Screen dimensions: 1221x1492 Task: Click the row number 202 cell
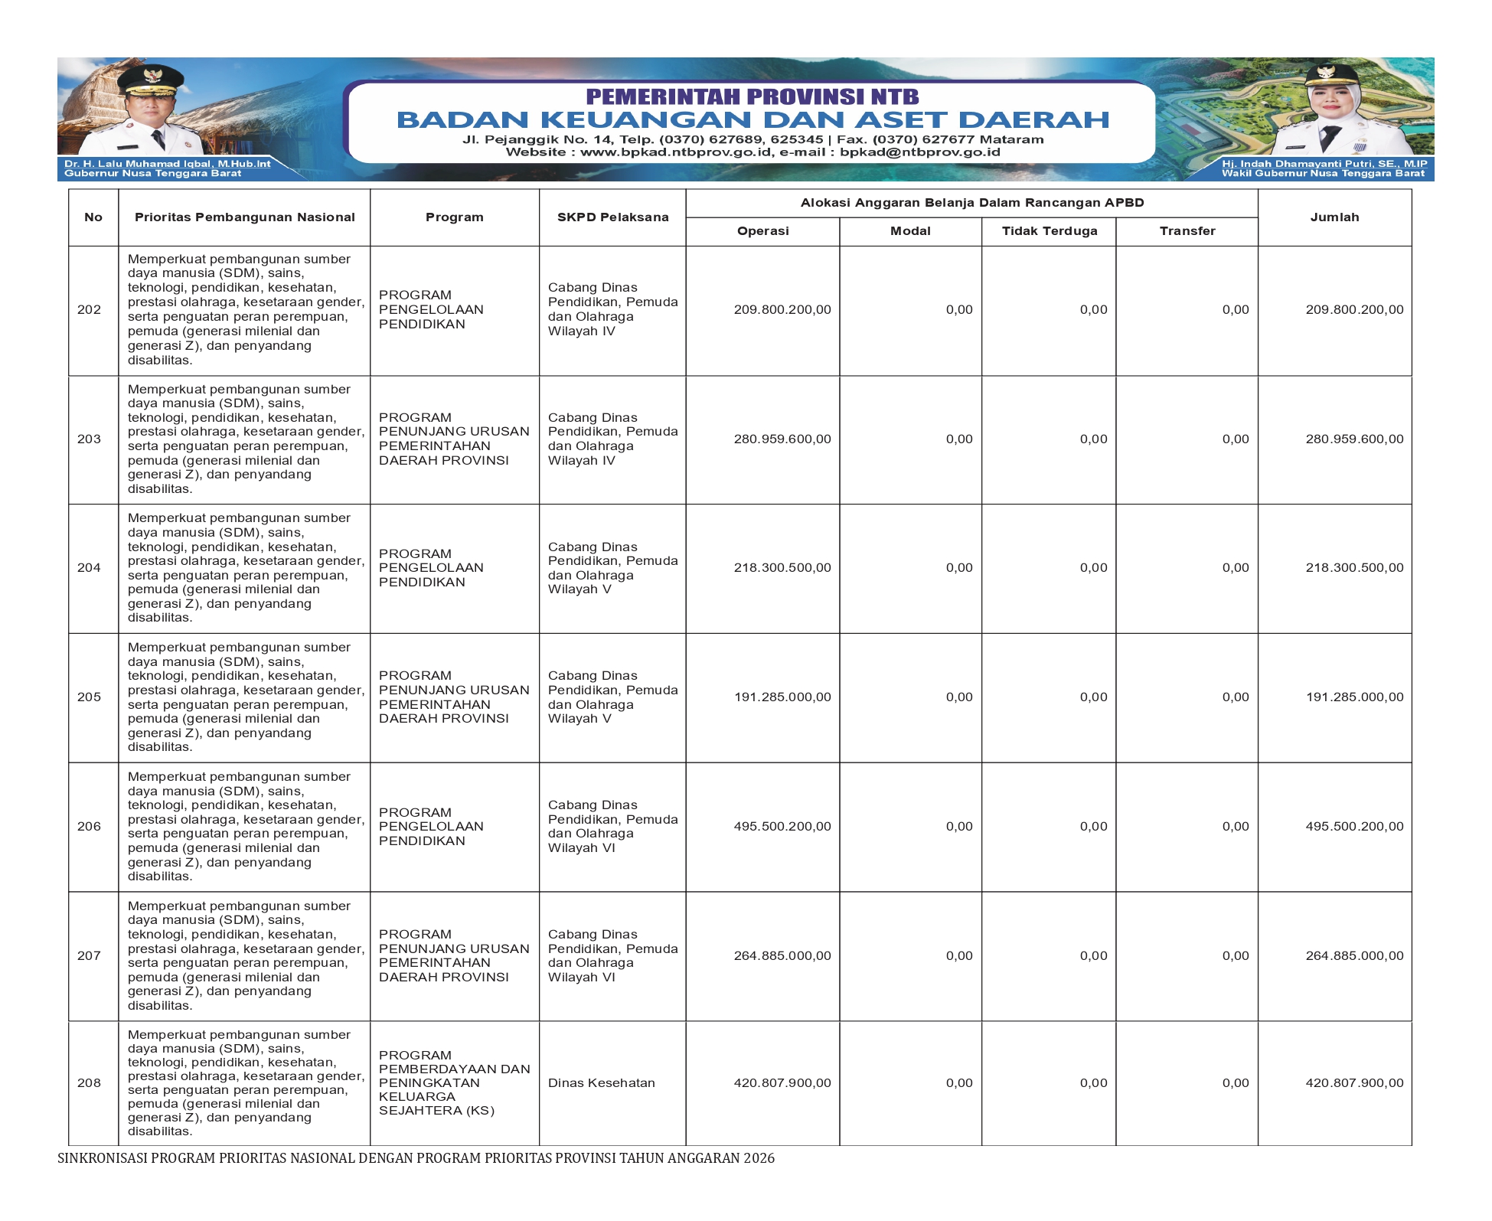pyautogui.click(x=90, y=310)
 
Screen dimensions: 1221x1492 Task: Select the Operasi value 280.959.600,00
pyautogui.click(x=782, y=439)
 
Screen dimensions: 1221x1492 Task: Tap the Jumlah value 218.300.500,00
pyautogui.click(x=1354, y=568)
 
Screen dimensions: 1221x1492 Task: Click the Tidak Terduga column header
pyautogui.click(x=1049, y=231)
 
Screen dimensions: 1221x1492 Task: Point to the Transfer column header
pyautogui.click(x=1187, y=231)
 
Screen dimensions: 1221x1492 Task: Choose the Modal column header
pyautogui.click(x=910, y=231)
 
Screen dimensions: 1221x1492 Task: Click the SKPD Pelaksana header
pyautogui.click(x=612, y=217)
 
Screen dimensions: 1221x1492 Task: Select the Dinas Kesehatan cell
pyautogui.click(x=602, y=1083)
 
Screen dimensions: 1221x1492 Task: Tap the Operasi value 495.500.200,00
pyautogui.click(x=782, y=827)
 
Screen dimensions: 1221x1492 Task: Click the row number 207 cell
pyautogui.click(x=90, y=956)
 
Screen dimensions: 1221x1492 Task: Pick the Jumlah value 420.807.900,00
pyautogui.click(x=1354, y=1083)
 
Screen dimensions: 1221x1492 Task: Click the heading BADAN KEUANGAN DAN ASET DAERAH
pyautogui.click(x=753, y=120)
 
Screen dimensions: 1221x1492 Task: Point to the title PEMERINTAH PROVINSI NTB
pyautogui.click(x=753, y=97)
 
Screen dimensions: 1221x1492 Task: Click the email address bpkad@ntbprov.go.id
pyautogui.click(x=919, y=152)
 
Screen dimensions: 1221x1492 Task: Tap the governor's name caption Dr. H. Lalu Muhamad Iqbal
pyautogui.click(x=167, y=164)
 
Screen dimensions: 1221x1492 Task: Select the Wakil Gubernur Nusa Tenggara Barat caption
pyautogui.click(x=1323, y=174)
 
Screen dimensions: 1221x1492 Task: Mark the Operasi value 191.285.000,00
pyautogui.click(x=782, y=697)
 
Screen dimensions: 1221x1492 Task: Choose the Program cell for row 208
pyautogui.click(x=454, y=1083)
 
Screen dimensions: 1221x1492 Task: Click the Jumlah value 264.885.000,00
pyautogui.click(x=1354, y=956)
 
